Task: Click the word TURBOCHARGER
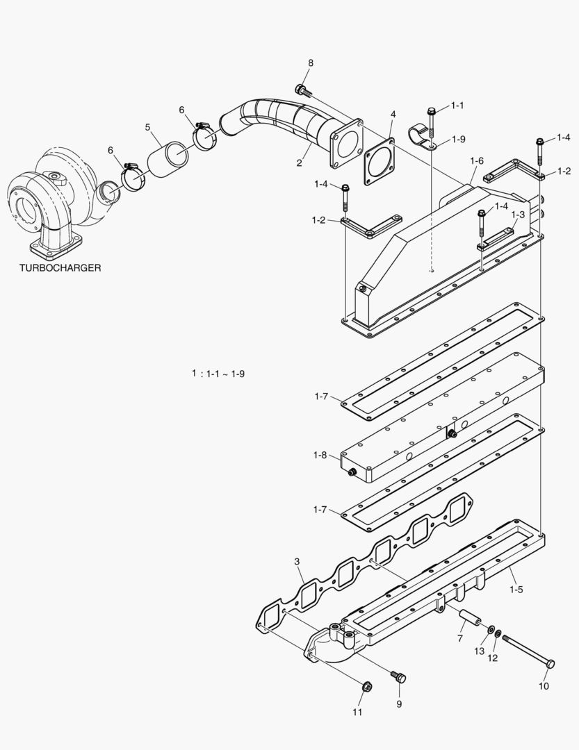[x=60, y=268]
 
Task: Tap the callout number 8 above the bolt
[x=311, y=63]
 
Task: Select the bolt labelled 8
[x=302, y=89]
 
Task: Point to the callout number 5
[x=148, y=127]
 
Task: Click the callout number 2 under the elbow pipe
[x=299, y=162]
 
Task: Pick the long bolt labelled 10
[x=528, y=651]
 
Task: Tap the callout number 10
[x=544, y=686]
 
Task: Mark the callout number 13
[x=478, y=651]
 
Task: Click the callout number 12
[x=493, y=658]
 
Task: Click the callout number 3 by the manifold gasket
[x=297, y=561]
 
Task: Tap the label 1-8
[x=320, y=455]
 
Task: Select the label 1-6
[x=476, y=160]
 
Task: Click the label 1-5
[x=516, y=590]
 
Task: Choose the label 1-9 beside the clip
[x=458, y=139]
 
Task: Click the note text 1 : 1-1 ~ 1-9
[x=218, y=374]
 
